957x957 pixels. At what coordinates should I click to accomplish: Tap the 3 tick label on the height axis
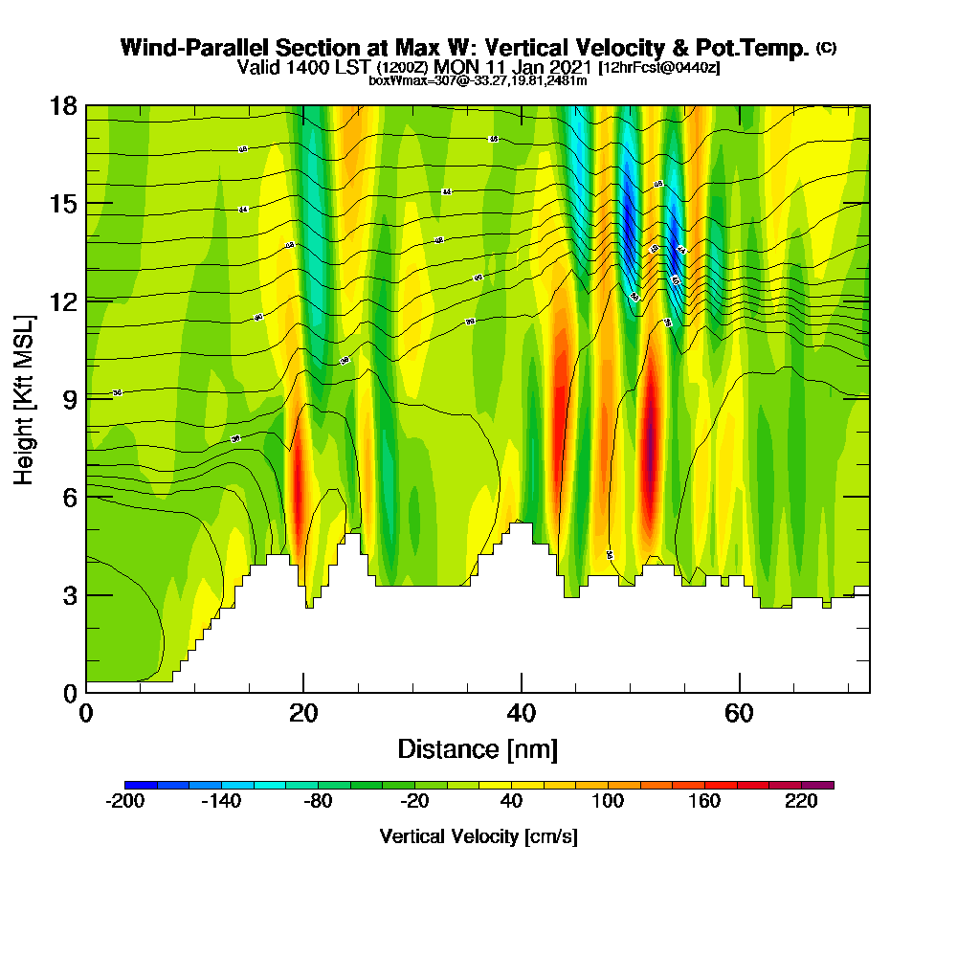pos(69,594)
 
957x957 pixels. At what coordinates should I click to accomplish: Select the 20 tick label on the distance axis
pos(303,714)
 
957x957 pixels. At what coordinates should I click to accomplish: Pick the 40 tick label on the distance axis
pos(521,714)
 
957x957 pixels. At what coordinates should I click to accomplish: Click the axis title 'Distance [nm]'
pos(478,748)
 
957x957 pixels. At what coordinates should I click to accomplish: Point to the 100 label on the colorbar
pos(608,803)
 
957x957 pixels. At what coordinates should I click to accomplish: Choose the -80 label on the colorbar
pos(318,803)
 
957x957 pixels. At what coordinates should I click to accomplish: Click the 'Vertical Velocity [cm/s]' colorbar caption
pos(478,836)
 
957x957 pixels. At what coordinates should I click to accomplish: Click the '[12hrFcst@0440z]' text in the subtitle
pos(658,68)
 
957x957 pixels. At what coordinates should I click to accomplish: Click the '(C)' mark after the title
pos(826,47)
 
